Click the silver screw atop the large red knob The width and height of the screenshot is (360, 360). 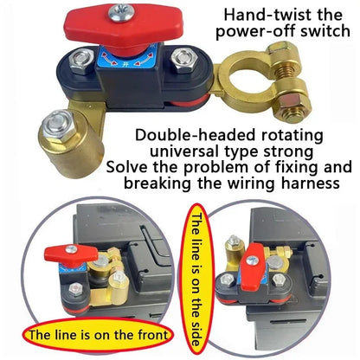[121, 13]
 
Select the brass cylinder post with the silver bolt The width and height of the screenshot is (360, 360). [70, 143]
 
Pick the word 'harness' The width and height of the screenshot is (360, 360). [311, 183]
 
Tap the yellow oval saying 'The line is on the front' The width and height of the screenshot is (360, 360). [99, 335]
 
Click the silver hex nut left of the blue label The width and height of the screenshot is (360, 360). [80, 61]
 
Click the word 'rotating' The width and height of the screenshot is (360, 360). [292, 136]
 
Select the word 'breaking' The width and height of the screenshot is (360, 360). [157, 183]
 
